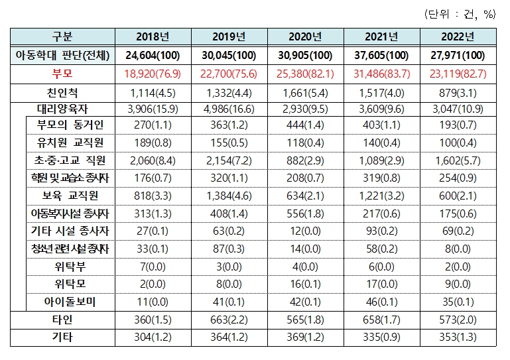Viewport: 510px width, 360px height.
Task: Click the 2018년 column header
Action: [x=153, y=37]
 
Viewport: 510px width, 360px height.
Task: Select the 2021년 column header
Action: [x=380, y=37]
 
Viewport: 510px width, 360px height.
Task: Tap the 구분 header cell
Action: [x=62, y=37]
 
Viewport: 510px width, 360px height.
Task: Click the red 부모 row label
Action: [x=62, y=72]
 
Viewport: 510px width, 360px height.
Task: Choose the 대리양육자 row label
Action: [x=62, y=107]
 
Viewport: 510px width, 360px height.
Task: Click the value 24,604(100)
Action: [x=153, y=54]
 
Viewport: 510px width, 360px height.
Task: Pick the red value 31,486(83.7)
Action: [x=380, y=72]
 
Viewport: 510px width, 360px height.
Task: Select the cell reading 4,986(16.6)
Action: [x=229, y=107]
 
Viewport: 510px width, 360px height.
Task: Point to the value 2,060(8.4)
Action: [x=153, y=160]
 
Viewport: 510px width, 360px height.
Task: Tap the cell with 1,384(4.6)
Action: [x=229, y=196]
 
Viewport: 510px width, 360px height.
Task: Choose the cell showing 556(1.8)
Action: [x=304, y=213]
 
